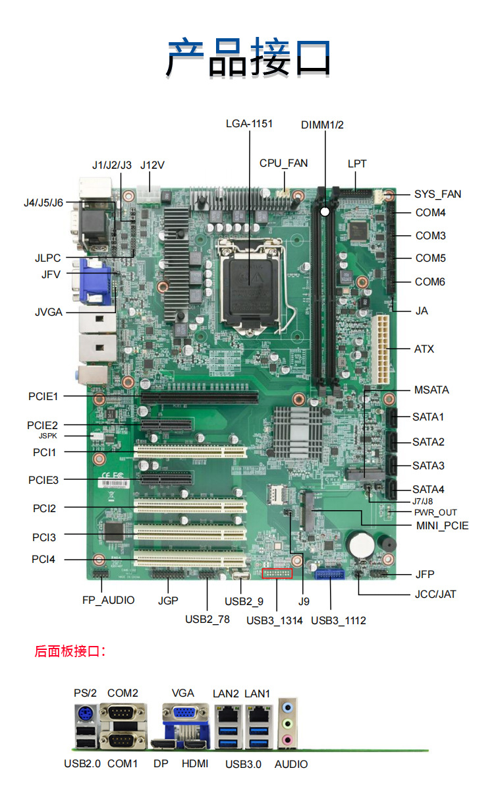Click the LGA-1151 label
[x=249, y=123]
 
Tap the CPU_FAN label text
[x=283, y=163]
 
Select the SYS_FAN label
[x=437, y=194]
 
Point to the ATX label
[x=424, y=349]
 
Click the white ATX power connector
[x=380, y=349]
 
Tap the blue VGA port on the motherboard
[x=94, y=281]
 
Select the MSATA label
[x=431, y=390]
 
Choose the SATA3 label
[x=428, y=465]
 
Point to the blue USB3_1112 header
[x=330, y=574]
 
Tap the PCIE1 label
[x=43, y=396]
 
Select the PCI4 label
[x=43, y=560]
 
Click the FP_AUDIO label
[x=108, y=600]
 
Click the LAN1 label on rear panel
[x=257, y=693]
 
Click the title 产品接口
[x=248, y=58]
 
